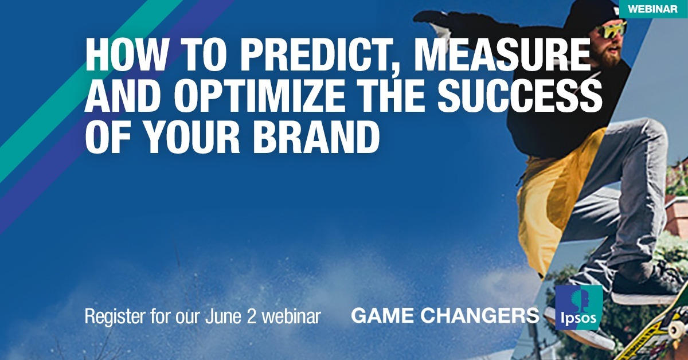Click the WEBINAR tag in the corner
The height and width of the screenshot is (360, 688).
[653, 9]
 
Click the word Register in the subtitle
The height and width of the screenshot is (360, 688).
[115, 316]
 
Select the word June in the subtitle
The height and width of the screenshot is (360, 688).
[223, 316]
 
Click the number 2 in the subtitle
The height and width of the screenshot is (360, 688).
[251, 316]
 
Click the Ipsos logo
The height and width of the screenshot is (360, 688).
[579, 307]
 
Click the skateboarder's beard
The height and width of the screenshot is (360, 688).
[607, 55]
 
